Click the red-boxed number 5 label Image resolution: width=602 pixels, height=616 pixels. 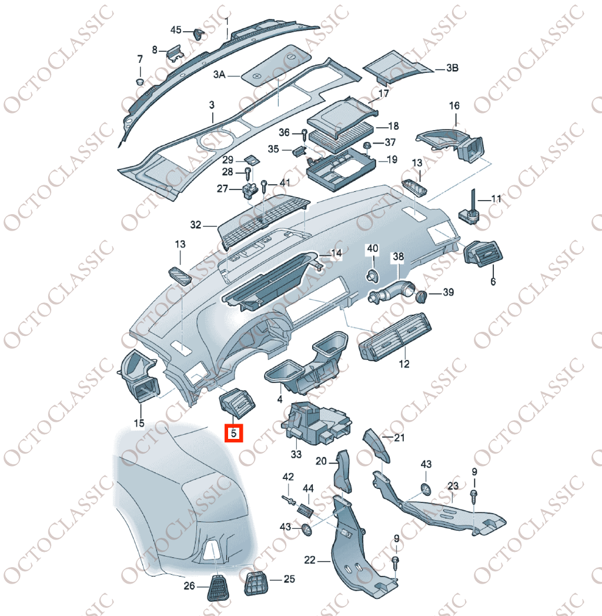click(x=233, y=434)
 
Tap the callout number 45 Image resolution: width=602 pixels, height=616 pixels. click(x=176, y=30)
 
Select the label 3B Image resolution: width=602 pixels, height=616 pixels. click(x=452, y=68)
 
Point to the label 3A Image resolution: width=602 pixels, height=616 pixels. click(x=219, y=74)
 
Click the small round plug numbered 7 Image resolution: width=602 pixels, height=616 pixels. click(x=140, y=82)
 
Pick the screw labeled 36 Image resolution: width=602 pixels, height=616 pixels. click(x=305, y=135)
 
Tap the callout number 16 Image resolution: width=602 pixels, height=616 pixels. click(x=454, y=106)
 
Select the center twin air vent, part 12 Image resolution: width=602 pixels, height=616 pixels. click(x=395, y=337)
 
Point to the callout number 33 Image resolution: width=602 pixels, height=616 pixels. click(x=296, y=454)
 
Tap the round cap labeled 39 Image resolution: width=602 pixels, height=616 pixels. click(x=421, y=297)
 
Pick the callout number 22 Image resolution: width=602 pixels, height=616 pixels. click(x=310, y=560)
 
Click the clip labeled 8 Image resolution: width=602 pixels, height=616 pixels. click(x=175, y=52)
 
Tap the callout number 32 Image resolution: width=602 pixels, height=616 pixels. click(x=195, y=225)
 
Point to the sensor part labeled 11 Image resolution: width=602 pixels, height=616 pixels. click(x=469, y=209)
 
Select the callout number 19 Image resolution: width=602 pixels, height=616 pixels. click(x=392, y=159)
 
